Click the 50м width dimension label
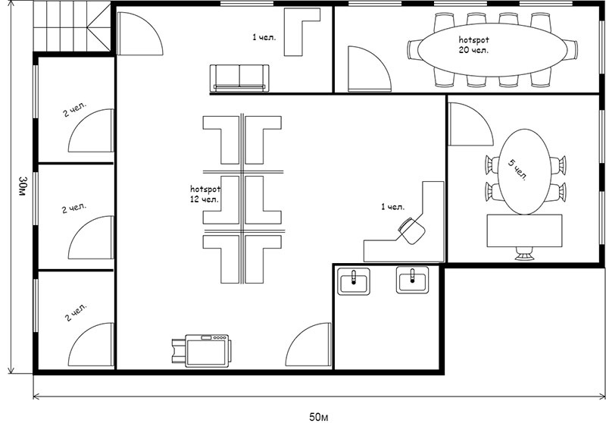[x=319, y=417]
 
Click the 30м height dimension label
[x=23, y=186]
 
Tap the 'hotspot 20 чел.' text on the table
[x=474, y=45]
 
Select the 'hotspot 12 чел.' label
[x=205, y=194]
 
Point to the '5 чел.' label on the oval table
[x=517, y=169]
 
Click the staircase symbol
[x=72, y=27]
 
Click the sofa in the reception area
[x=239, y=79]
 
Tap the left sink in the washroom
[x=354, y=281]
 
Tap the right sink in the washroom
[x=412, y=280]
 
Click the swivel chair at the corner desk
[x=412, y=230]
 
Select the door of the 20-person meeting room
[x=370, y=69]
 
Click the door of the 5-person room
[x=470, y=124]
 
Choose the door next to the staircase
[x=140, y=33]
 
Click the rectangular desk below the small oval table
[x=524, y=231]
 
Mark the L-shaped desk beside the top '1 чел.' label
[x=301, y=32]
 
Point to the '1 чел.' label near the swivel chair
[x=392, y=207]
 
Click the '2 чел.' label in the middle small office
[x=74, y=208]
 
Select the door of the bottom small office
[x=91, y=344]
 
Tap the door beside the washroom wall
[x=308, y=344]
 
